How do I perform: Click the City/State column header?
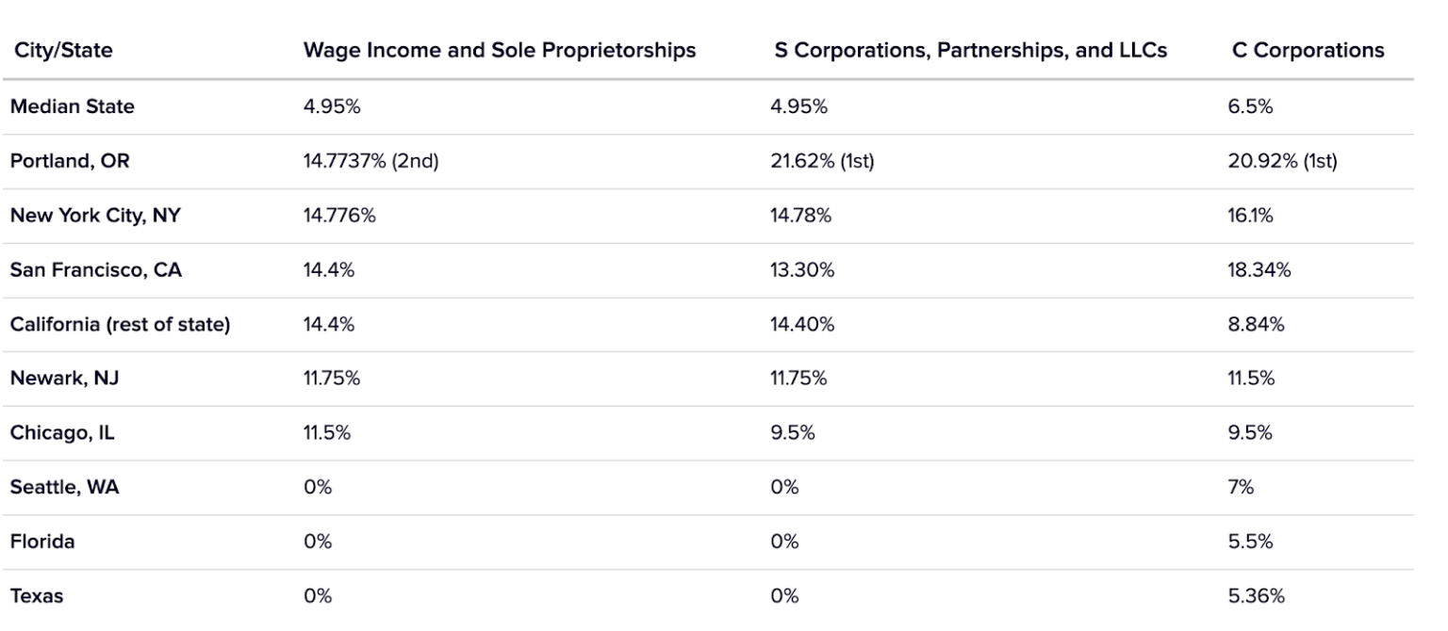(62, 51)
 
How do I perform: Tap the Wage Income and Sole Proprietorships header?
(499, 51)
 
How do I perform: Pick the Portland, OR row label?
(69, 161)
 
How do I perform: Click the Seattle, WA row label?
(64, 488)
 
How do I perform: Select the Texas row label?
(37, 596)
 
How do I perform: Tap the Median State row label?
(72, 106)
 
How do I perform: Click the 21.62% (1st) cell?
(823, 161)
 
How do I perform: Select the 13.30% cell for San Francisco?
(801, 270)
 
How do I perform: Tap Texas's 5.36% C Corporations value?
(1254, 596)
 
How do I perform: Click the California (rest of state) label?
(121, 325)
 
